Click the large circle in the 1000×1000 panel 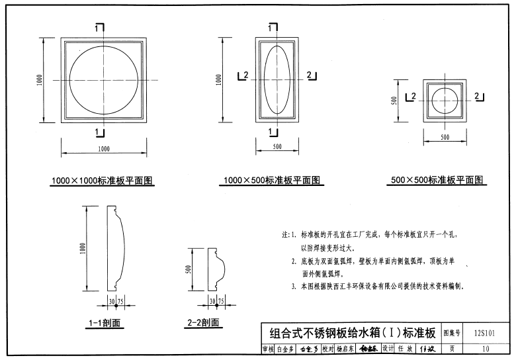tap(103, 80)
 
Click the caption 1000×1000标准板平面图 tap(103, 181)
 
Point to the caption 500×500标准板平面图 tap(437, 180)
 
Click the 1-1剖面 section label tap(105, 323)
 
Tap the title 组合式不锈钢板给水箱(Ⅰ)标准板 tap(348, 333)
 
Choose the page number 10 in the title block tap(486, 349)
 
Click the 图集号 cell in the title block tap(452, 334)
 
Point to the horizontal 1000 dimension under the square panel tap(103, 149)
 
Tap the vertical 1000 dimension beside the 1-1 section tap(83, 248)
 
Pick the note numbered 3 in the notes tap(380, 287)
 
